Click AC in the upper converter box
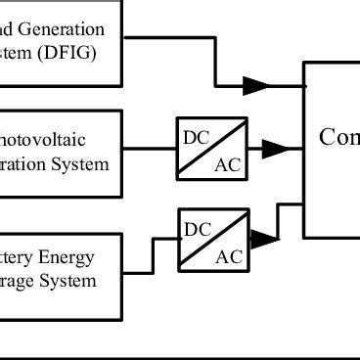226,164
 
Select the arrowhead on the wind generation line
256,86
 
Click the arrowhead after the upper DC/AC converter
277,149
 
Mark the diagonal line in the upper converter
210,149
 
